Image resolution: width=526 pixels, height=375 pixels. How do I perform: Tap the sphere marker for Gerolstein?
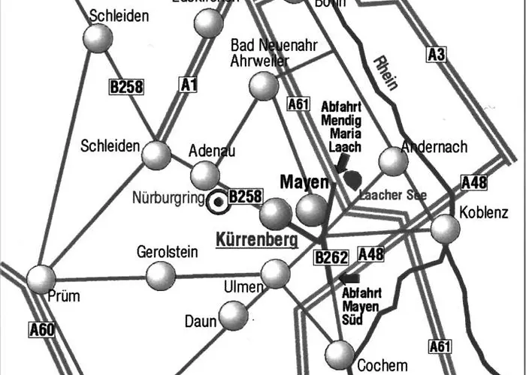[x=160, y=275]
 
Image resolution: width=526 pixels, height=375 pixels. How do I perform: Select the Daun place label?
[x=199, y=322]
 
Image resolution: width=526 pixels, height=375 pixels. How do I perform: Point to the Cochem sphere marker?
[x=340, y=353]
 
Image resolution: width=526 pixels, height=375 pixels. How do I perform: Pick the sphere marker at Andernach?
[x=392, y=160]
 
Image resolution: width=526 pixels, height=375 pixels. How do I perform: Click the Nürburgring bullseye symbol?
[x=219, y=201]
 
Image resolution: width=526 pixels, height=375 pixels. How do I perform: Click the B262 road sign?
[x=331, y=258]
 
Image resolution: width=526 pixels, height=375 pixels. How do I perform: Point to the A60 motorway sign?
[x=42, y=328]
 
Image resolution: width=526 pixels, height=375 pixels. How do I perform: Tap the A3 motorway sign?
[x=437, y=54]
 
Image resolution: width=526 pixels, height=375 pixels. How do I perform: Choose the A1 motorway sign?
[x=188, y=86]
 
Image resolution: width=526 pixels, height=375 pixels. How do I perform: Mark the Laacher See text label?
[x=393, y=195]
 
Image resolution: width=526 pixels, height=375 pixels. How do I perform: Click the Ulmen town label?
[x=243, y=287]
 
